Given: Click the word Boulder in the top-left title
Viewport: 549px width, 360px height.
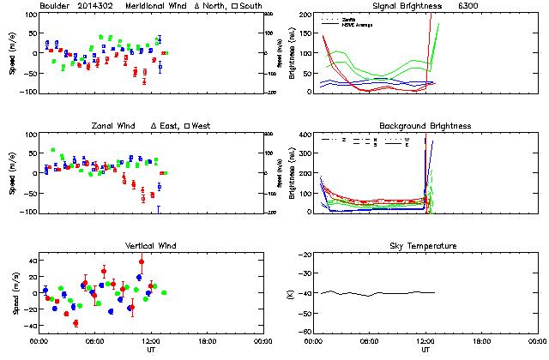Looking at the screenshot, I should [55, 6].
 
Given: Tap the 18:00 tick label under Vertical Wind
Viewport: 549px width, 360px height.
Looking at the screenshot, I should [207, 341].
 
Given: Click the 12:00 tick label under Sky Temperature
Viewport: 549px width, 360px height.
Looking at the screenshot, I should [425, 341].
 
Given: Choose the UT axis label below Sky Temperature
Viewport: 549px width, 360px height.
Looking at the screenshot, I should [425, 351].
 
